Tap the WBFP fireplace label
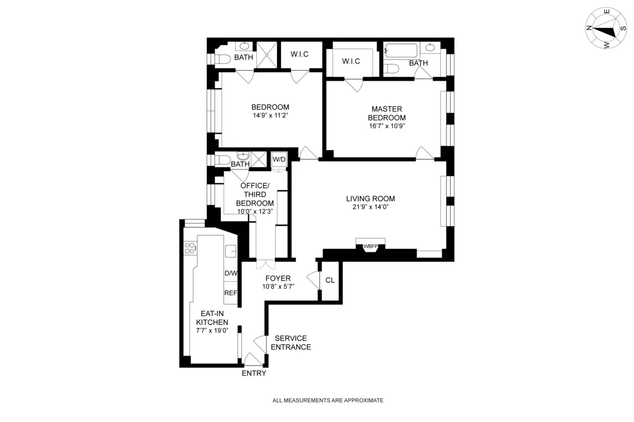370,246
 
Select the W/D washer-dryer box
278,159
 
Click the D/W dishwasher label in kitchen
231,273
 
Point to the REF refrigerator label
231,293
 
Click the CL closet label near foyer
330,280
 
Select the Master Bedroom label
387,113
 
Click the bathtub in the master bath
401,51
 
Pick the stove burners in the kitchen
190,247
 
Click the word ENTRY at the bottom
254,373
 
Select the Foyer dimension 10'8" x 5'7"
278,286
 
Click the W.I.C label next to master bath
351,61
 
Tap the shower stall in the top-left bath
267,54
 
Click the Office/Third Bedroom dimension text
255,212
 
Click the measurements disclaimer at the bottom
328,400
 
